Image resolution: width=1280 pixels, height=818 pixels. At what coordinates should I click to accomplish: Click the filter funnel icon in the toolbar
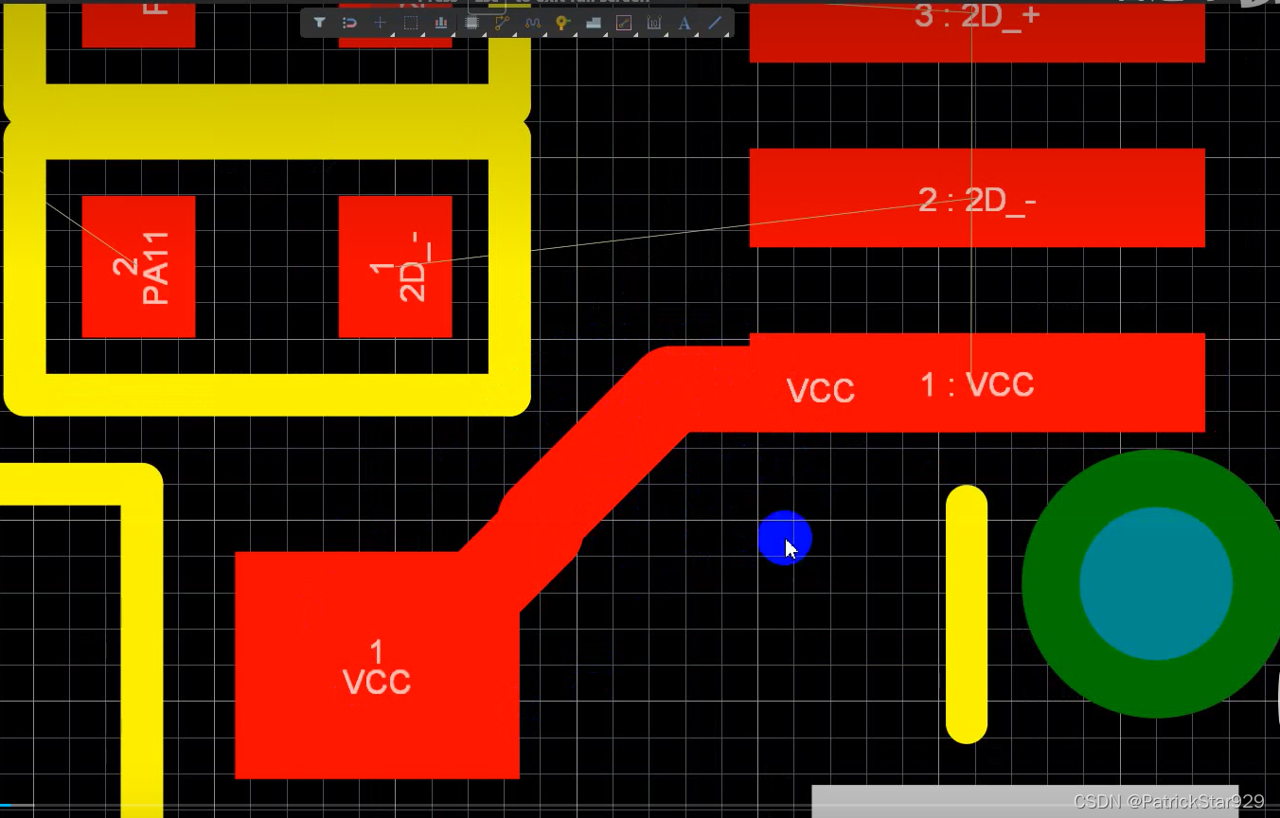(x=320, y=23)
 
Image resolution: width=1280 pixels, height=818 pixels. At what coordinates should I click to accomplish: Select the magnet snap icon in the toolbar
(x=349, y=23)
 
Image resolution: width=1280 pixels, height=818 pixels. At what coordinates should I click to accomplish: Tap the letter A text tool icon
(x=684, y=23)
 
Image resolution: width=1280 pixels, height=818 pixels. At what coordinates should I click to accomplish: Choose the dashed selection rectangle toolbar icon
(x=411, y=23)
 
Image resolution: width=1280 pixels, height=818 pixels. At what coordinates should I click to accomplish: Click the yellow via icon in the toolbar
(x=562, y=23)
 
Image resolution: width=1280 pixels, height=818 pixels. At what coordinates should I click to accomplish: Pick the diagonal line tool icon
(x=715, y=23)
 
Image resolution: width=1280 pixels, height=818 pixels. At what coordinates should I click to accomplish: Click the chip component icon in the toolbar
(x=471, y=23)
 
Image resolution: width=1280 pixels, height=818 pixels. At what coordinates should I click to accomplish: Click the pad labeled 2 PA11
(x=138, y=267)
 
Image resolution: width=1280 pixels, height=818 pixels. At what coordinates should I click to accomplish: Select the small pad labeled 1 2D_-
(x=395, y=267)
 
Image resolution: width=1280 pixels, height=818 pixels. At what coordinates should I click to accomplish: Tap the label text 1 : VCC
(x=977, y=384)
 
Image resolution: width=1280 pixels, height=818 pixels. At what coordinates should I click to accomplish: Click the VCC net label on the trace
(x=821, y=390)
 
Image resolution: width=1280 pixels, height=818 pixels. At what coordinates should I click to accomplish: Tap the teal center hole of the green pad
(x=1156, y=583)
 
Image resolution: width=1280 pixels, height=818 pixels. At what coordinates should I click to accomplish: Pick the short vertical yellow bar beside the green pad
(x=967, y=614)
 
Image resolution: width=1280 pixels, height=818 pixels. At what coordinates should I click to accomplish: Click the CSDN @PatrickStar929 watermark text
(x=1168, y=801)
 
